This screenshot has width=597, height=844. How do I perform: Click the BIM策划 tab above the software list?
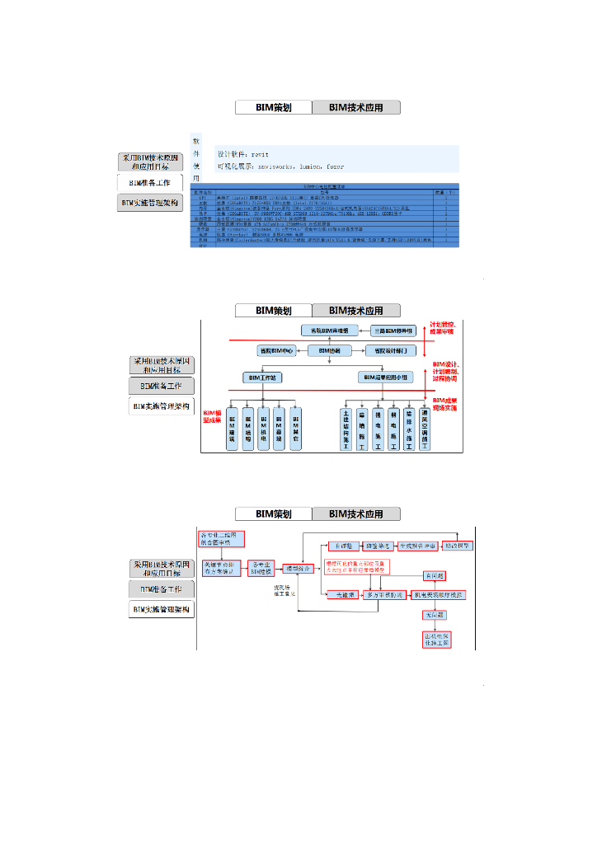pos(274,107)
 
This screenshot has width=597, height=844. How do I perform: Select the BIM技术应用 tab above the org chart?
pos(356,311)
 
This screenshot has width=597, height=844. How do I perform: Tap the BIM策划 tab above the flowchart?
pos(274,513)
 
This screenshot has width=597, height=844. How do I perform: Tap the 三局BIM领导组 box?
pos(397,331)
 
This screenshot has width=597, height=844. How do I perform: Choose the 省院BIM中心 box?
pos(276,350)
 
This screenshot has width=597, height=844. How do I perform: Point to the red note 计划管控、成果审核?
pos(448,329)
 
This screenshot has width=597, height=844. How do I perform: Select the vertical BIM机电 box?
pos(263,429)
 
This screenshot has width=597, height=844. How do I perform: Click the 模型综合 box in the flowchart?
pos(297,569)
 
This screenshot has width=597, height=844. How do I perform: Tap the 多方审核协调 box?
pos(385,594)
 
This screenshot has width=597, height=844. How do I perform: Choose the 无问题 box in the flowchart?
pos(434,615)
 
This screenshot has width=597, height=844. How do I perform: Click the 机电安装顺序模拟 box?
pos(440,594)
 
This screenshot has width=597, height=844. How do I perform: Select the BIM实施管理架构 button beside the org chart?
pos(161,406)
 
